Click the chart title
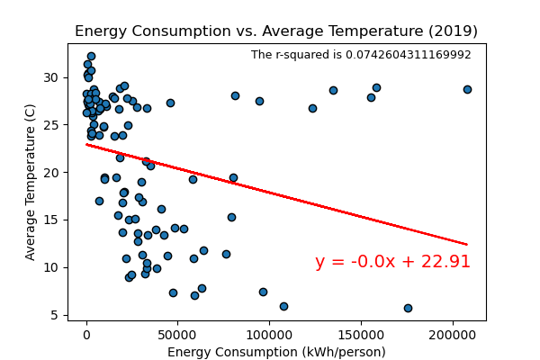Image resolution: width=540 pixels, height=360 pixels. click(276, 31)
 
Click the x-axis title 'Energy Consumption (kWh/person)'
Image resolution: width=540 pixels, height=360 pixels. click(276, 352)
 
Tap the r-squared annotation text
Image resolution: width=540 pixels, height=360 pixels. click(361, 55)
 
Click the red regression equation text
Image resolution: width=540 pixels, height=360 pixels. click(392, 262)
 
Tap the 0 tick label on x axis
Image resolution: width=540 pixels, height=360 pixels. click(86, 334)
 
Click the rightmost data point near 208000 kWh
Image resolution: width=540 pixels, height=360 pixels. click(467, 89)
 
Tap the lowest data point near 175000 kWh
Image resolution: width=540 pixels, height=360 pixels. click(408, 308)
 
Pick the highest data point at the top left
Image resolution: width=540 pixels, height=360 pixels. click(91, 56)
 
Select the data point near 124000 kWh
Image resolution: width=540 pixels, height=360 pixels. click(312, 108)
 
